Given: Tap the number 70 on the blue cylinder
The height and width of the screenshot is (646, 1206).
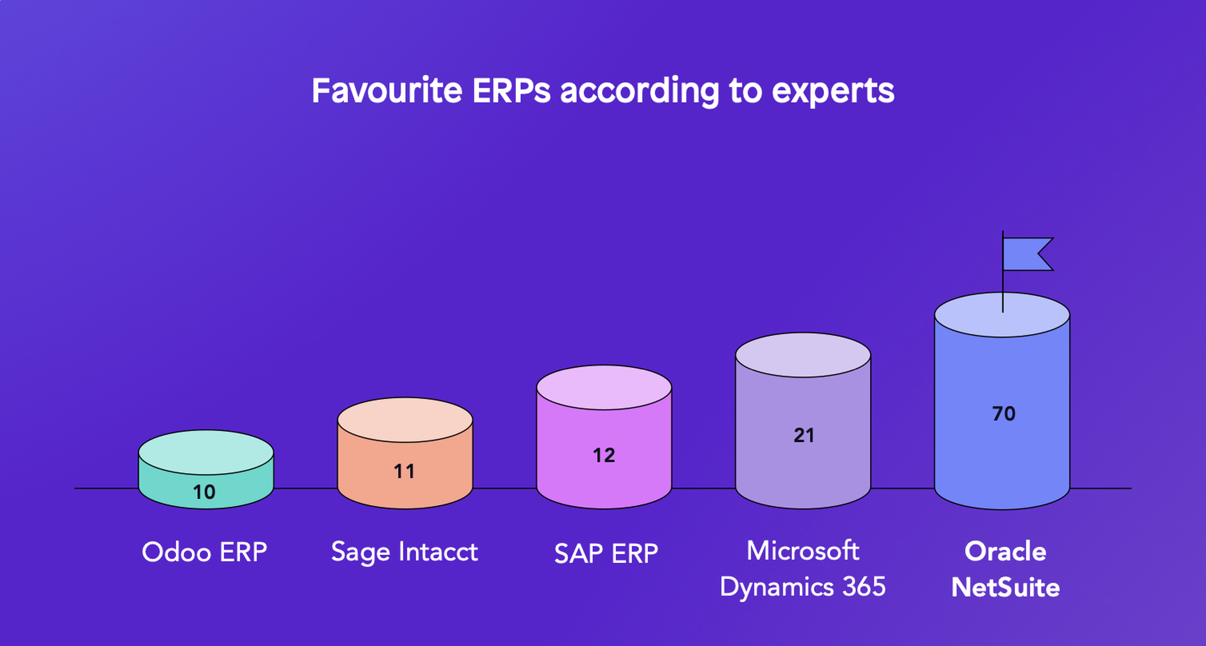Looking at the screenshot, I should pyautogui.click(x=1004, y=414).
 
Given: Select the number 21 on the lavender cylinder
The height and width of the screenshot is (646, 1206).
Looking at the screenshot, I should pyautogui.click(x=804, y=435).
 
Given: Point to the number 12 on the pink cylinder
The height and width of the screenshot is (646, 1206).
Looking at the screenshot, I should pyautogui.click(x=604, y=455).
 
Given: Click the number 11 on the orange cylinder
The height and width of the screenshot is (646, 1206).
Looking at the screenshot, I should pyautogui.click(x=404, y=471).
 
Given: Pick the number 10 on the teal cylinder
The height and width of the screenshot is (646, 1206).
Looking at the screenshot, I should pyautogui.click(x=204, y=492).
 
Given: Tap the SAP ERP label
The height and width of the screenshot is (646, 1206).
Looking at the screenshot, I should pyautogui.click(x=606, y=553).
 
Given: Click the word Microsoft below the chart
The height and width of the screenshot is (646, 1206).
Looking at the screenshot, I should pyautogui.click(x=803, y=550).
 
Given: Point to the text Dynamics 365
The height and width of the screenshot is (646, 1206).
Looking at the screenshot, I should pyautogui.click(x=803, y=587).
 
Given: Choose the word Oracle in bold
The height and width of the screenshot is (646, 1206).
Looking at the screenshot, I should pyautogui.click(x=1005, y=551).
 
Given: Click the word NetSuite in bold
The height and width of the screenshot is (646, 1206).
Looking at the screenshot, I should pyautogui.click(x=1005, y=588).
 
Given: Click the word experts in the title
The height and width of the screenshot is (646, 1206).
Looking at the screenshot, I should pyautogui.click(x=833, y=91).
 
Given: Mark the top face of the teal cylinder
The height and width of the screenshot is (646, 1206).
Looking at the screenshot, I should pyautogui.click(x=206, y=452).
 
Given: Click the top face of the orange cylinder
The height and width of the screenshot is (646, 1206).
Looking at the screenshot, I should pyautogui.click(x=405, y=420).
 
